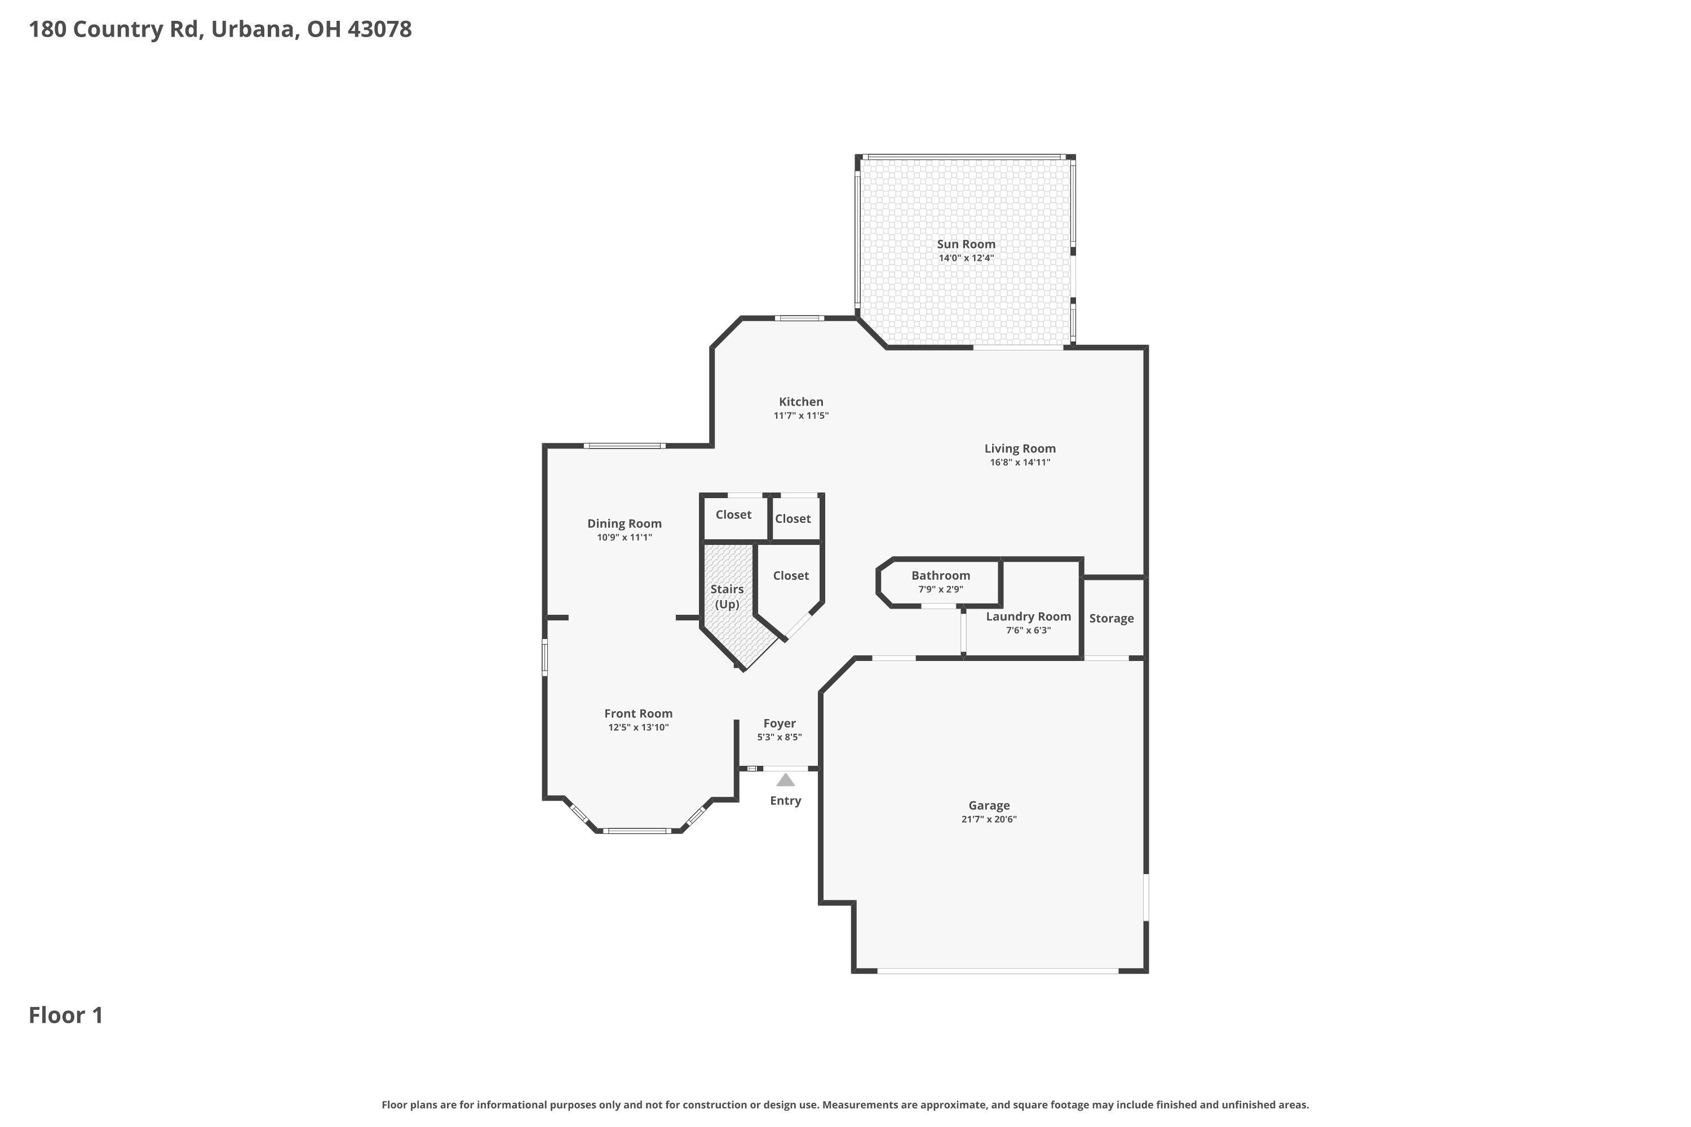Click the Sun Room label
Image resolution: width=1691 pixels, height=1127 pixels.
coord(966,245)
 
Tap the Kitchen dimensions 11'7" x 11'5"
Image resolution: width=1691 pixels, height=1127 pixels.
coord(801,415)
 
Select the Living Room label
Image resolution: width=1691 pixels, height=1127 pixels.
coord(1020,449)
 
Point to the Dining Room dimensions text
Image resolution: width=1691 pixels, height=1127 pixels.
coord(624,537)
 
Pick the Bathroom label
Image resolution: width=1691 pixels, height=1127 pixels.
coord(940,575)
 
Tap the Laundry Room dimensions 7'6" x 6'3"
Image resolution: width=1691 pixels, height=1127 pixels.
coord(1028,631)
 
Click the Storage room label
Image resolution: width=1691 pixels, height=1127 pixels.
coord(1111,618)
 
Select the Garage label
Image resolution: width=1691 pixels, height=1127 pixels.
coord(989,806)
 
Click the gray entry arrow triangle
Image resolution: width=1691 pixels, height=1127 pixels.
coord(785,780)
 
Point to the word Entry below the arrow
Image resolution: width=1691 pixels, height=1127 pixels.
coord(785,801)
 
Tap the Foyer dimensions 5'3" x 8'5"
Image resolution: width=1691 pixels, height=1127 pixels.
coord(780,736)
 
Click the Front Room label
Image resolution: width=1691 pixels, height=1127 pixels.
coord(638,714)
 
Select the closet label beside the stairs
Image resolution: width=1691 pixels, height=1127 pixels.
coord(791,576)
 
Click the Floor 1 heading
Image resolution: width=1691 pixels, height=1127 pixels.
coord(65,1015)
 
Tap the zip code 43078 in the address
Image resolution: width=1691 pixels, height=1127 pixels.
coord(379,29)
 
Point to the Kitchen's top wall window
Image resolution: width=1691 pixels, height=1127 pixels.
coord(799,318)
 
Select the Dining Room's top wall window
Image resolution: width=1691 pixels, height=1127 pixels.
coord(624,446)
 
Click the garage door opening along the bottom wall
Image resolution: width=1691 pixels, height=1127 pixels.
coord(997,971)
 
